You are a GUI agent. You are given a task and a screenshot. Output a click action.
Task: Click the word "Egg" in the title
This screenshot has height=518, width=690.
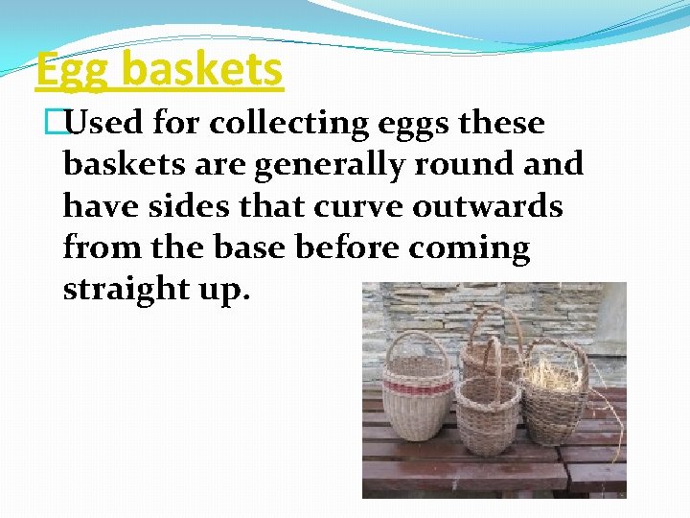[74, 70]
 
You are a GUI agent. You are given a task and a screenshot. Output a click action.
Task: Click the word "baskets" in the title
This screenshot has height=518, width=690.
[203, 70]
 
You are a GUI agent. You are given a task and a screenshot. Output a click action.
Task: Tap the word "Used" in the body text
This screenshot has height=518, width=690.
[106, 124]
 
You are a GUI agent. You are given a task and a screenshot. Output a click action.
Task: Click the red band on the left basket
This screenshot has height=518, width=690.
[415, 387]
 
